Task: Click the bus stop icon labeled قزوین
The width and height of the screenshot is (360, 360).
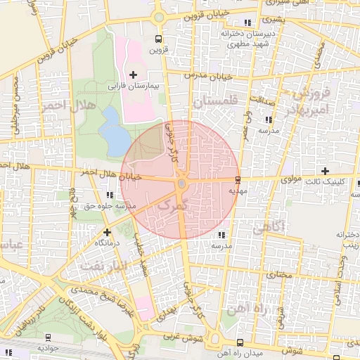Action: pyautogui.click(x=158, y=39)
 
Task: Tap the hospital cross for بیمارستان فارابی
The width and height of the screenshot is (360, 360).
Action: pyautogui.click(x=133, y=75)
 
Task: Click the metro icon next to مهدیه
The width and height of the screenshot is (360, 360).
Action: pyautogui.click(x=238, y=179)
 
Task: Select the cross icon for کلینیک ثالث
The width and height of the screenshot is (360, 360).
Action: pyautogui.click(x=324, y=171)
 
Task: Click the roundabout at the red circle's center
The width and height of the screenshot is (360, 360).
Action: pyautogui.click(x=181, y=184)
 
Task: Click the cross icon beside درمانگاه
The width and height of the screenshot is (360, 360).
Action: pyautogui.click(x=107, y=231)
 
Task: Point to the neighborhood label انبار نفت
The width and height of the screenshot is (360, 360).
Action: pyautogui.click(x=103, y=266)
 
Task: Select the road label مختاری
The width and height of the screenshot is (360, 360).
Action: pyautogui.click(x=281, y=274)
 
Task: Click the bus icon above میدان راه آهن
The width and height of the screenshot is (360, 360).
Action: pyautogui.click(x=240, y=342)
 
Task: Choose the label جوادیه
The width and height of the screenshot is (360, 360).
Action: pyautogui.click(x=49, y=347)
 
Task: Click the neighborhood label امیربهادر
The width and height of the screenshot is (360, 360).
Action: pyautogui.click(x=309, y=108)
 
